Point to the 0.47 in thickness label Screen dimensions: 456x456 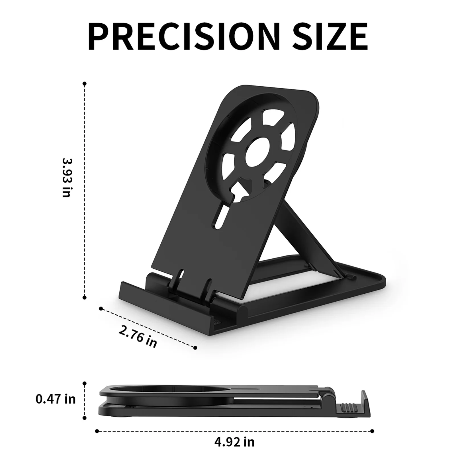[56, 399]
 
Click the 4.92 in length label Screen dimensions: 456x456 [234, 442]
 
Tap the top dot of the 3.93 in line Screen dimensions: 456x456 [84, 83]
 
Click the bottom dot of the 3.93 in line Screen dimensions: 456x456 [84, 297]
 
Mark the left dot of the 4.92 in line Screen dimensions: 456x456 [97, 423]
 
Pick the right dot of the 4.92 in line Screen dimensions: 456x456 [373, 423]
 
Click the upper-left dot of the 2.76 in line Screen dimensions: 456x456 [101, 308]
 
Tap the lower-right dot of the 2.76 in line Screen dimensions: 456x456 [195, 347]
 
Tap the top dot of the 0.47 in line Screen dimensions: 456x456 [84, 383]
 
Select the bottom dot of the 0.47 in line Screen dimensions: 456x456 [84, 418]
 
